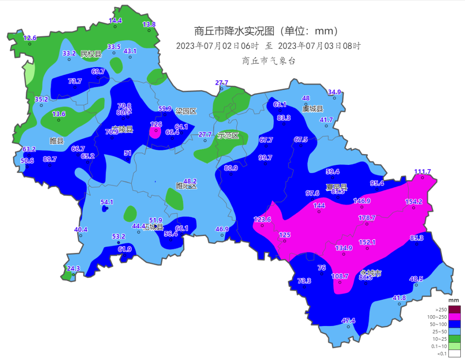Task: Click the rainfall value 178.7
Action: pos(367,218)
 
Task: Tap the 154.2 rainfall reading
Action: pos(413,202)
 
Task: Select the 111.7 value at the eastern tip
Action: pos(422,172)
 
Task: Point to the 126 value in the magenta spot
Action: pos(156,124)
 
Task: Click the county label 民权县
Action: pos(91,54)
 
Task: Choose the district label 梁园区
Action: pos(186,111)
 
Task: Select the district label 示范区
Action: pos(228,135)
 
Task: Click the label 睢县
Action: pos(57,140)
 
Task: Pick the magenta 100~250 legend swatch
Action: pos(454,317)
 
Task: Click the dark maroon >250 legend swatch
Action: pos(454,309)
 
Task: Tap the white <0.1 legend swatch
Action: pos(454,354)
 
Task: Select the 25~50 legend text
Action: pos(441,332)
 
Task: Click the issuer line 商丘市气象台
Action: pos(269,61)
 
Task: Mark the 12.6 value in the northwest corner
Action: pos(30,38)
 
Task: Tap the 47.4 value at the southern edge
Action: pos(348,320)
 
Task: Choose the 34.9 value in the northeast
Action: pos(334,92)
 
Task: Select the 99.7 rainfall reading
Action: pos(265,158)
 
